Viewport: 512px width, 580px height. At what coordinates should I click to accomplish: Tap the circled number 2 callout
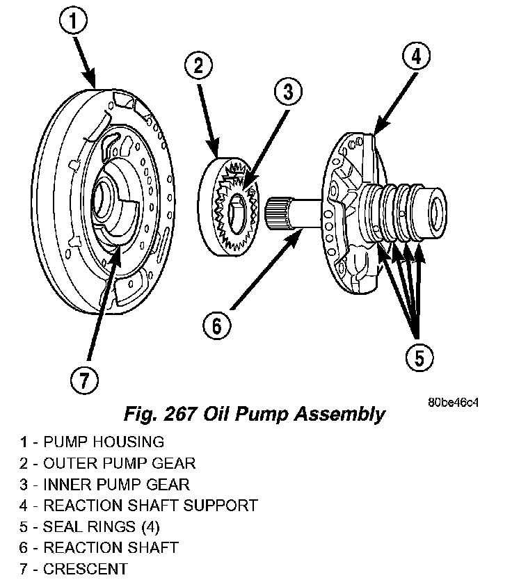(198, 67)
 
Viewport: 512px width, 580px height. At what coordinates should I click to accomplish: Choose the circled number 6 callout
(216, 325)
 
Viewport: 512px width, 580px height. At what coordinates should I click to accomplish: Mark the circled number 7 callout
(84, 380)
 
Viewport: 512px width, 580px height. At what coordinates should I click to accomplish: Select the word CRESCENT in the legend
(86, 569)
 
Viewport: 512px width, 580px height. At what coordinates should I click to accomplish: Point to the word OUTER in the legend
(65, 462)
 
